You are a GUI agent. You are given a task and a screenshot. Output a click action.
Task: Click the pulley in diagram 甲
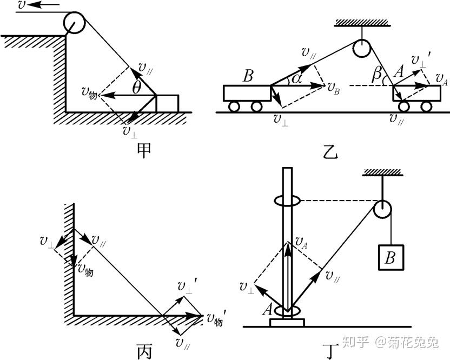(x=74, y=23)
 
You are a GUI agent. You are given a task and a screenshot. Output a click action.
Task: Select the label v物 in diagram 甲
(x=89, y=94)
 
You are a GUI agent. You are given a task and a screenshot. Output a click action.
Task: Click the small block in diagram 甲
(x=167, y=103)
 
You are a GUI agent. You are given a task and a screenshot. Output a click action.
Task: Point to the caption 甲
(x=144, y=151)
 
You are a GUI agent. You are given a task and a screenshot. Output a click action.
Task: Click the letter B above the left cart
(x=248, y=76)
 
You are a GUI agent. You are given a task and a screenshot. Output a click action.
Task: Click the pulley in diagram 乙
(x=362, y=49)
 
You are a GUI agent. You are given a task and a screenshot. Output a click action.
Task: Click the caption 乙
(x=331, y=153)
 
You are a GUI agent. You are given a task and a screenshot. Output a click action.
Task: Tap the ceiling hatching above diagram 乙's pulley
(x=362, y=23)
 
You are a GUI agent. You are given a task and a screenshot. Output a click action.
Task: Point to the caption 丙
(x=144, y=350)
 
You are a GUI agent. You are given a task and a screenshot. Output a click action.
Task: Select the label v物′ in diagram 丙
(x=215, y=318)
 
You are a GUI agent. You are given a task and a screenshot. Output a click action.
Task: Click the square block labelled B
(x=391, y=257)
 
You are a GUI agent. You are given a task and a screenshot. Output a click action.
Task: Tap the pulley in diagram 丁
(x=382, y=209)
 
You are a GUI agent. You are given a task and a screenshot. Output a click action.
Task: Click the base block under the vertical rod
(x=287, y=323)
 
